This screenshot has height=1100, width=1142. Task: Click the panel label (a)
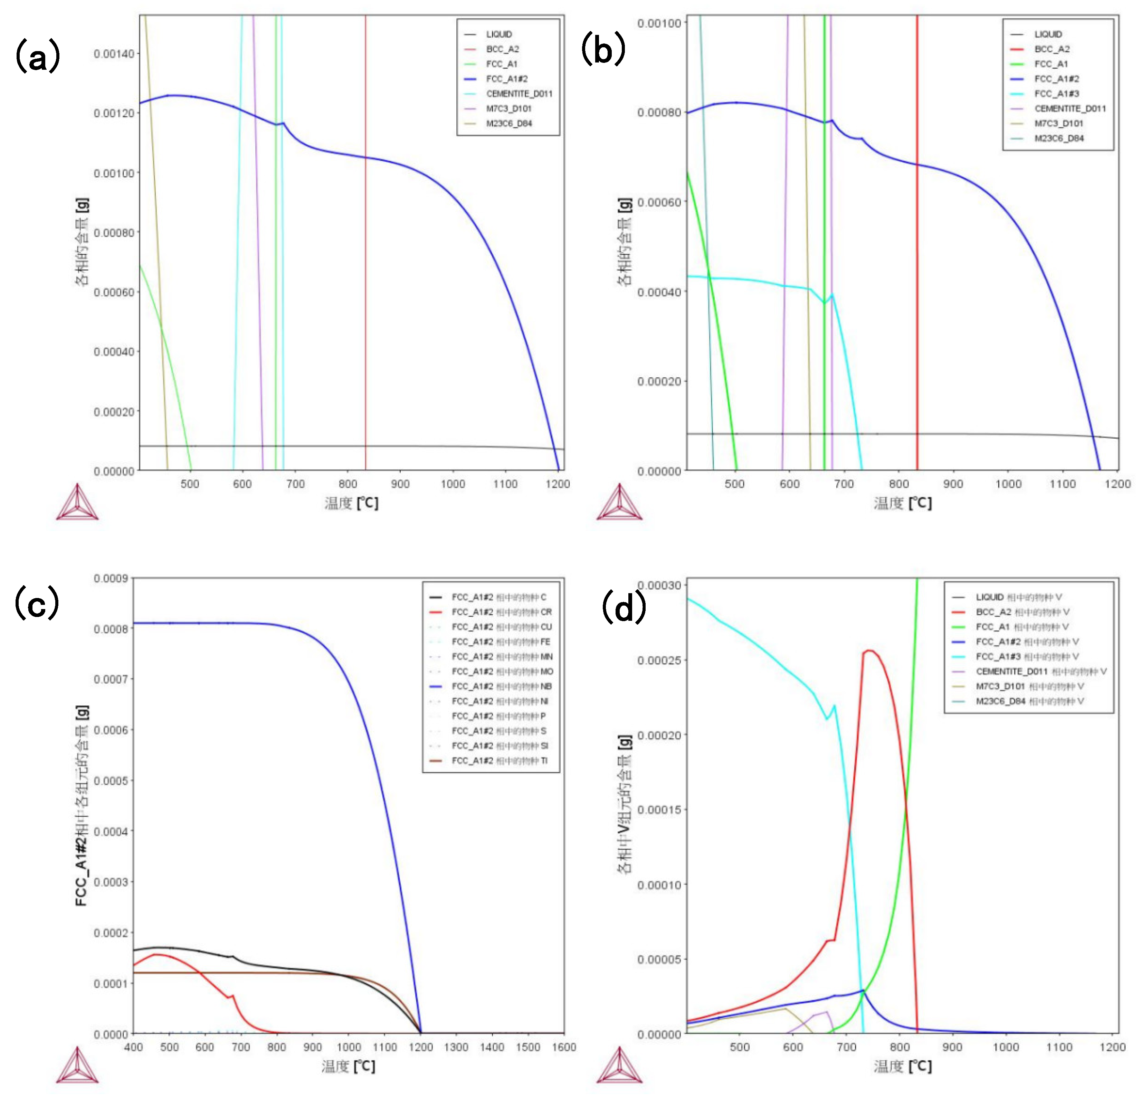[x=37, y=57]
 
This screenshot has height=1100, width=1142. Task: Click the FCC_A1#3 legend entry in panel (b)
[x=1056, y=94]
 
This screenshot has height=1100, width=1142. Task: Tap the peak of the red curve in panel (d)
[x=868, y=650]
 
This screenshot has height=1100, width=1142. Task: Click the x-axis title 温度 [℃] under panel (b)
[x=902, y=503]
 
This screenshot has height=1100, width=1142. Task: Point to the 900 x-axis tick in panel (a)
[x=400, y=484]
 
